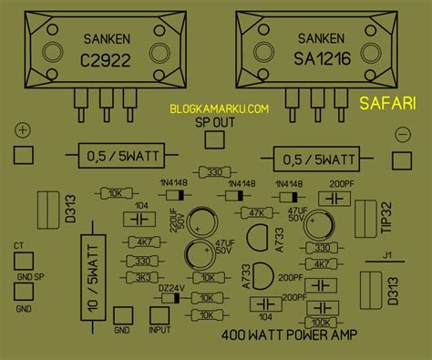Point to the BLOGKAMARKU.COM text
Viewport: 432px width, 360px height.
click(219, 108)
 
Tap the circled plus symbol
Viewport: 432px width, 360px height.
click(22, 134)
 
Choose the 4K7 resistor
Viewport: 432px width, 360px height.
click(141, 242)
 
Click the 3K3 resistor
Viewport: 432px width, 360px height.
click(141, 277)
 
